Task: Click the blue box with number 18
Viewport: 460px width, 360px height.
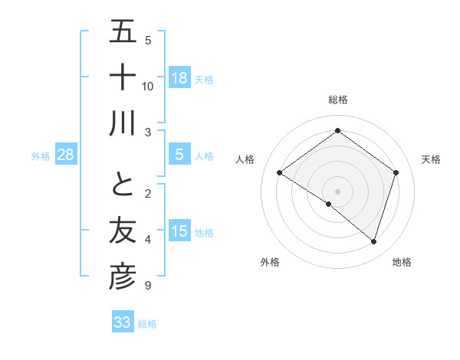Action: click(179, 77)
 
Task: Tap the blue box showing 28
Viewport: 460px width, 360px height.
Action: click(65, 155)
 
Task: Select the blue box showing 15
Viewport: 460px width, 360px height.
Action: click(179, 232)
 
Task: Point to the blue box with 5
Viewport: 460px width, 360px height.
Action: click(179, 155)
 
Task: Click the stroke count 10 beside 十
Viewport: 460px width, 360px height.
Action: click(148, 86)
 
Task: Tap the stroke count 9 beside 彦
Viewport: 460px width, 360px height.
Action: click(148, 286)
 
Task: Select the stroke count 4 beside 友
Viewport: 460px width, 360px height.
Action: click(148, 240)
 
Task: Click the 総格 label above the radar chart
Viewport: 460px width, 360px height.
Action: click(337, 100)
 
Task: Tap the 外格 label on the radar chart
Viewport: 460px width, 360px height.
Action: click(270, 262)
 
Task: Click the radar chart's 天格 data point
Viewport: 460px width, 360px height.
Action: click(396, 173)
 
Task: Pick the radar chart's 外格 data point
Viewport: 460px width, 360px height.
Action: click(329, 204)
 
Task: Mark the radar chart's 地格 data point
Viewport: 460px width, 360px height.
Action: click(373, 242)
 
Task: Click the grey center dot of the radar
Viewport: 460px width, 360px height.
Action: click(337, 191)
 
